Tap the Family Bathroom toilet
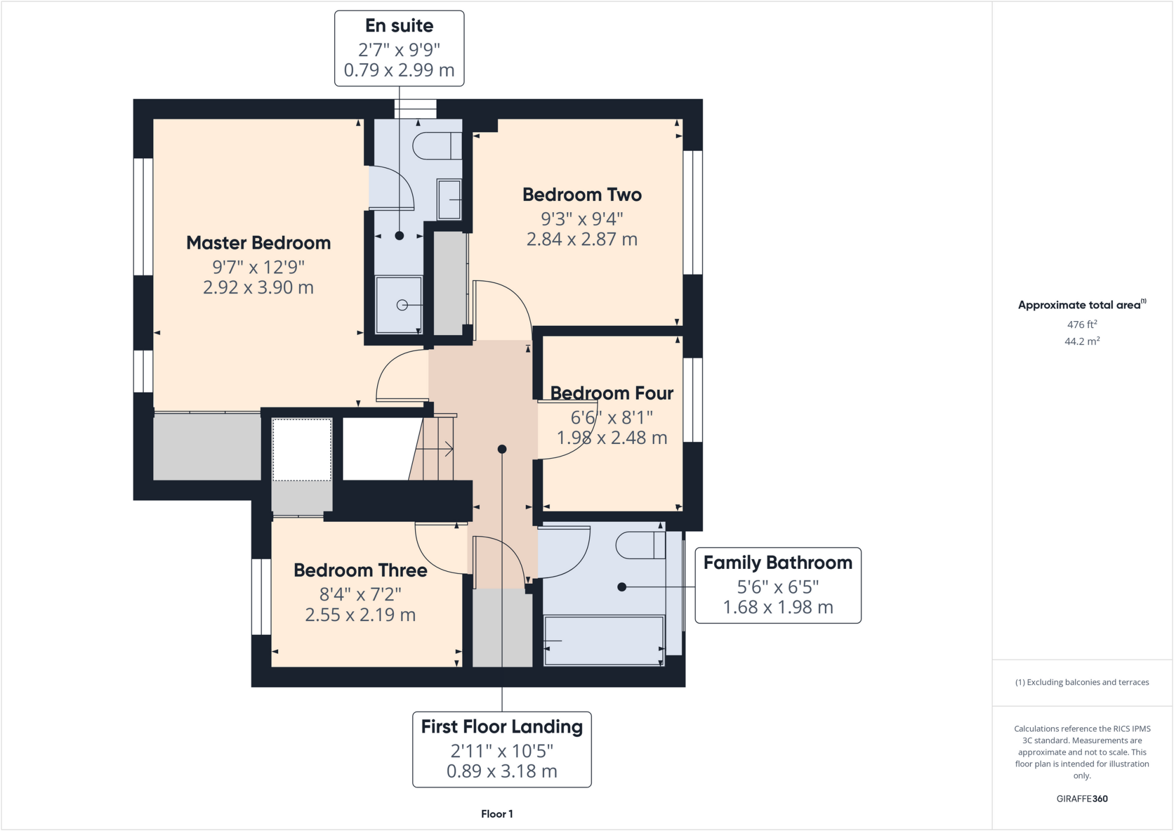[x=640, y=545]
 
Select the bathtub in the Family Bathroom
[x=604, y=641]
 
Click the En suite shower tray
[x=398, y=305]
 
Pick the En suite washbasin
[x=449, y=199]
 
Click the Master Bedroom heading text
[x=259, y=243]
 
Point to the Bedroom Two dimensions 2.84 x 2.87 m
[x=582, y=239]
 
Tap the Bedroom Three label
[x=360, y=571]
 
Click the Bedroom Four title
[x=612, y=393]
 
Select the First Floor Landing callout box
[x=502, y=749]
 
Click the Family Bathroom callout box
[x=777, y=585]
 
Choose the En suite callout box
[x=399, y=48]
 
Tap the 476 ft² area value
[x=1082, y=325]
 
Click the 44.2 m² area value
[x=1082, y=341]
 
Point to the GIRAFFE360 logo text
[x=1082, y=798]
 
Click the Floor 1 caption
[x=497, y=814]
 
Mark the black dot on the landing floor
[x=502, y=449]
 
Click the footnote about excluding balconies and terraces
[x=1082, y=682]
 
